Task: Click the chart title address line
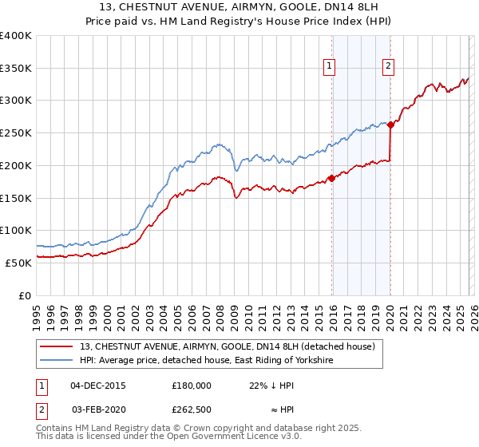coord(239,7)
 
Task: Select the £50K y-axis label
coord(18,263)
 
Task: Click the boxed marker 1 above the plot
coord(330,67)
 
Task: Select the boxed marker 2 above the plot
coord(388,67)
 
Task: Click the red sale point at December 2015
coord(331,178)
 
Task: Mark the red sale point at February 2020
coord(390,125)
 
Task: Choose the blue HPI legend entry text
coord(206,361)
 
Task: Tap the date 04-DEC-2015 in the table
coord(98,385)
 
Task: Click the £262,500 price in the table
coord(192,409)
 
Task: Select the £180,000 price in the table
coord(192,385)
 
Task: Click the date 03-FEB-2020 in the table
coord(98,409)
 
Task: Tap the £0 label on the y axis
coord(24,295)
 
